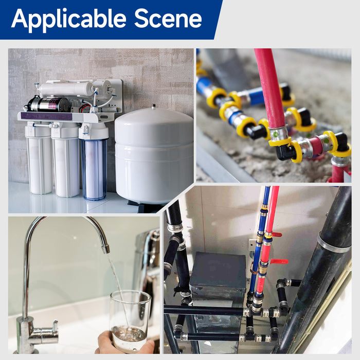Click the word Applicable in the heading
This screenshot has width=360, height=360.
68,19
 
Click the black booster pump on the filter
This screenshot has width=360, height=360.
49,104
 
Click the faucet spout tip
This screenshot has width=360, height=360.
105,249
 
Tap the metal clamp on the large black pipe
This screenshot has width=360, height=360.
333,244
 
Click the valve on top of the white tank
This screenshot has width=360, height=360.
153,107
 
